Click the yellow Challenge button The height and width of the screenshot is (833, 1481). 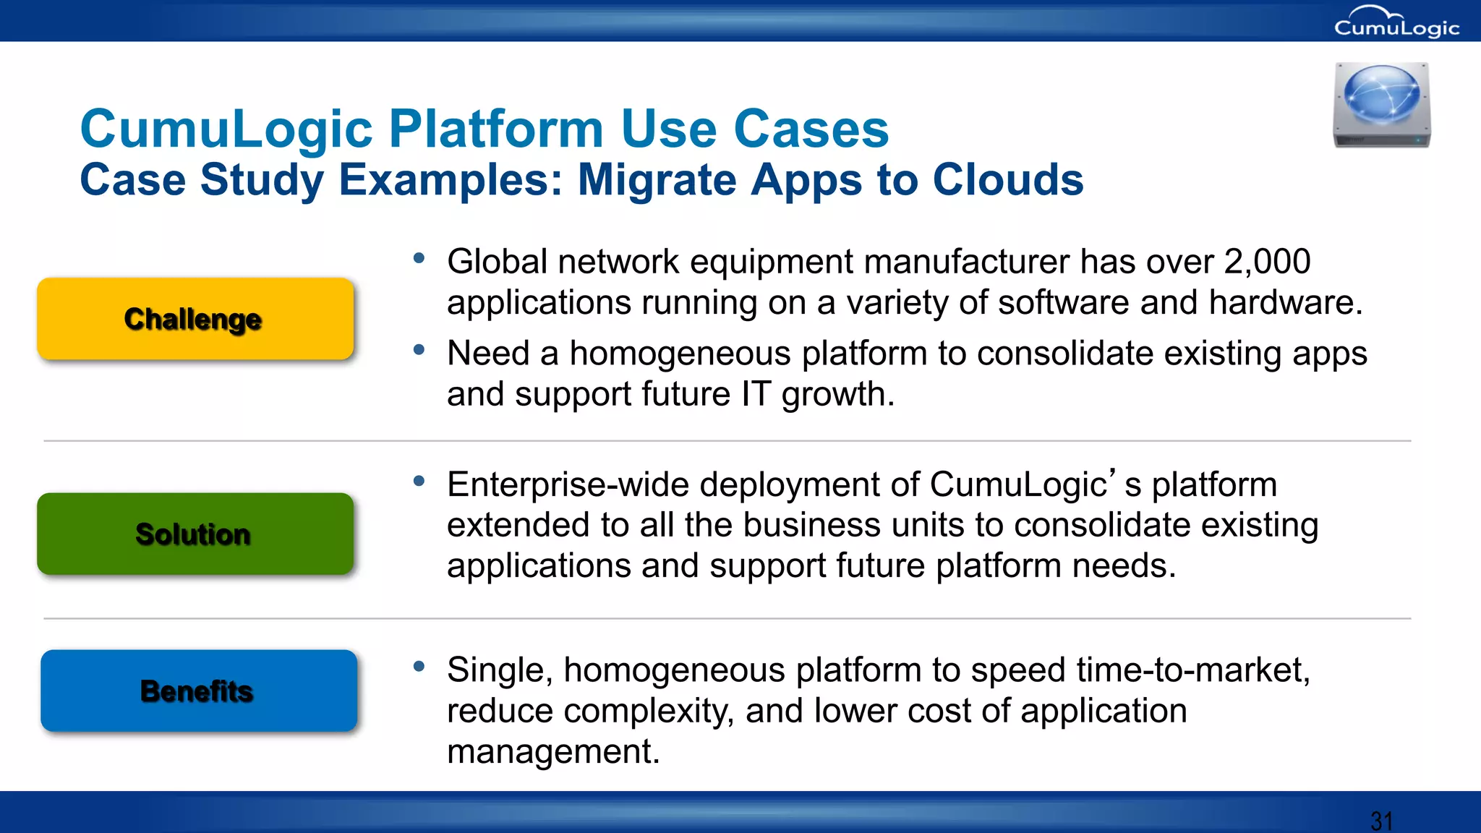(195, 319)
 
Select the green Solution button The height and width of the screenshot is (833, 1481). (195, 534)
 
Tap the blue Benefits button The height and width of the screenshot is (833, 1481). (199, 691)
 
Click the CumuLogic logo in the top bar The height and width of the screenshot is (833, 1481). (1396, 23)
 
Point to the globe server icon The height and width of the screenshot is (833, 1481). (1381, 105)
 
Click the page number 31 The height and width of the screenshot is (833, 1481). (1381, 821)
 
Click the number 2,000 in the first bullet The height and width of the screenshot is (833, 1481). (1267, 262)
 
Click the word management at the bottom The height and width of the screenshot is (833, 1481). (553, 752)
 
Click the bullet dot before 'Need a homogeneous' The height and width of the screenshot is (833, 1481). (419, 350)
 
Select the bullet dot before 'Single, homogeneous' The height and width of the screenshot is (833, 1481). (419, 667)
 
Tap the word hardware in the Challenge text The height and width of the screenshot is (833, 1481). (1284, 303)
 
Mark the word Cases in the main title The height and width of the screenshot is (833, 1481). (811, 129)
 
